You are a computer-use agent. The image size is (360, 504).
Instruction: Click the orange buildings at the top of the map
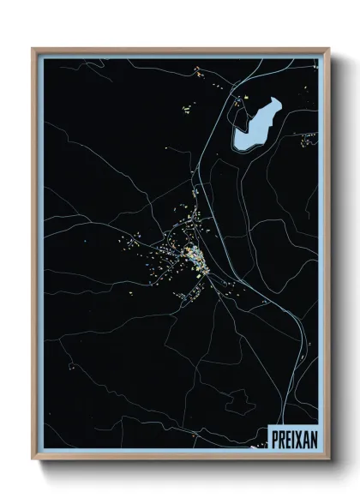tap(199, 70)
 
